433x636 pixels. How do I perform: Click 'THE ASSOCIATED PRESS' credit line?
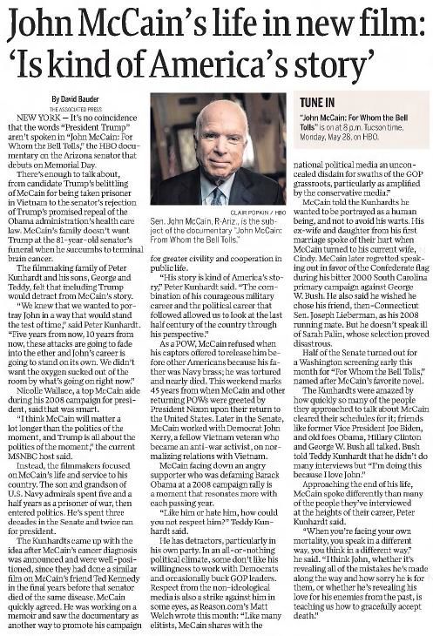(69, 107)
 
